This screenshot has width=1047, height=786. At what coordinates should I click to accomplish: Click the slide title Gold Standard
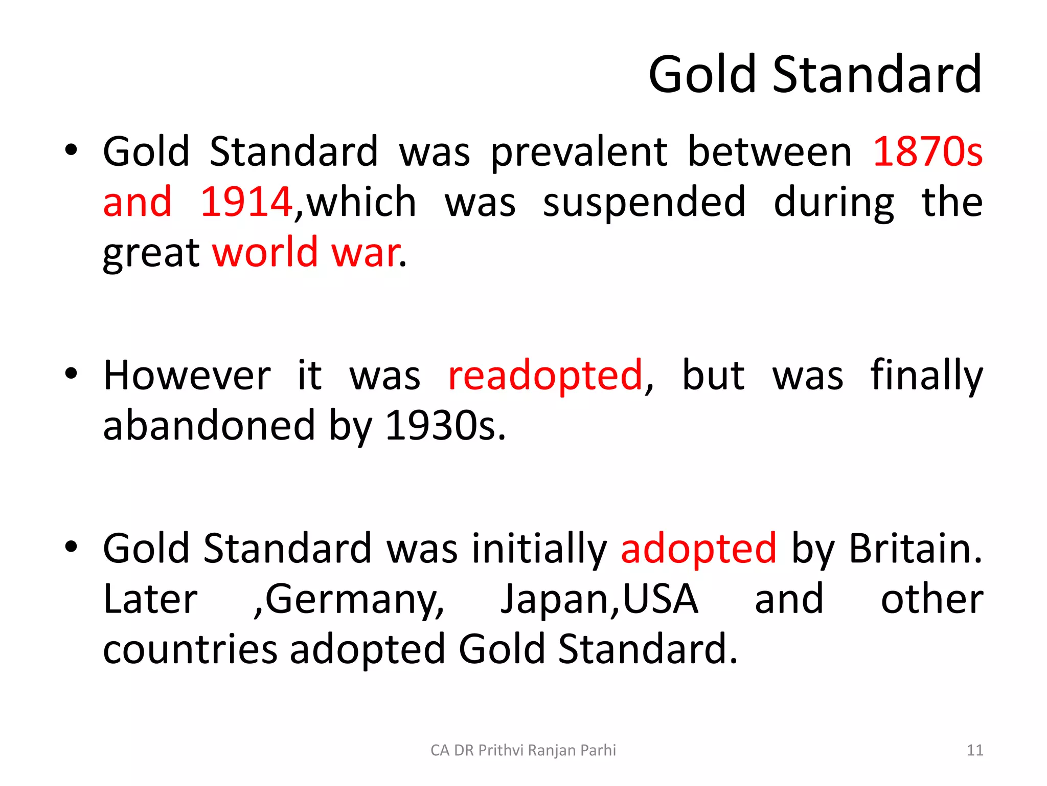(815, 75)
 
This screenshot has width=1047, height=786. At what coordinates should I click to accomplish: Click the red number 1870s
(927, 151)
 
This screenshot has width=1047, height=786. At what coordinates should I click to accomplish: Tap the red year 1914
(246, 202)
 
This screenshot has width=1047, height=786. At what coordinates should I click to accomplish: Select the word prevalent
(579, 152)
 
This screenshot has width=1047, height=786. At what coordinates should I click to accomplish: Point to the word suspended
(644, 203)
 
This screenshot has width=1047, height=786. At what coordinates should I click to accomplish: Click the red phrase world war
(306, 252)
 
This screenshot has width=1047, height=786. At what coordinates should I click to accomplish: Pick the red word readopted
(545, 376)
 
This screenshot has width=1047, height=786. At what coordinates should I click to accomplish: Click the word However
(187, 376)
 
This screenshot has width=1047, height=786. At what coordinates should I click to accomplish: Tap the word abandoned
(209, 426)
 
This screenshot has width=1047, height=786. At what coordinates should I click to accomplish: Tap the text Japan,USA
(599, 599)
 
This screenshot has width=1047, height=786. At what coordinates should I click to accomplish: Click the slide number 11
(975, 750)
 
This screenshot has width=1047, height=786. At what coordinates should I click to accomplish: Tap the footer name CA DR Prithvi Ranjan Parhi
(523, 750)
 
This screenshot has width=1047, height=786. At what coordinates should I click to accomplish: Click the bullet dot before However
(71, 374)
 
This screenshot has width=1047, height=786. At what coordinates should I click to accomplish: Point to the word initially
(539, 549)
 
